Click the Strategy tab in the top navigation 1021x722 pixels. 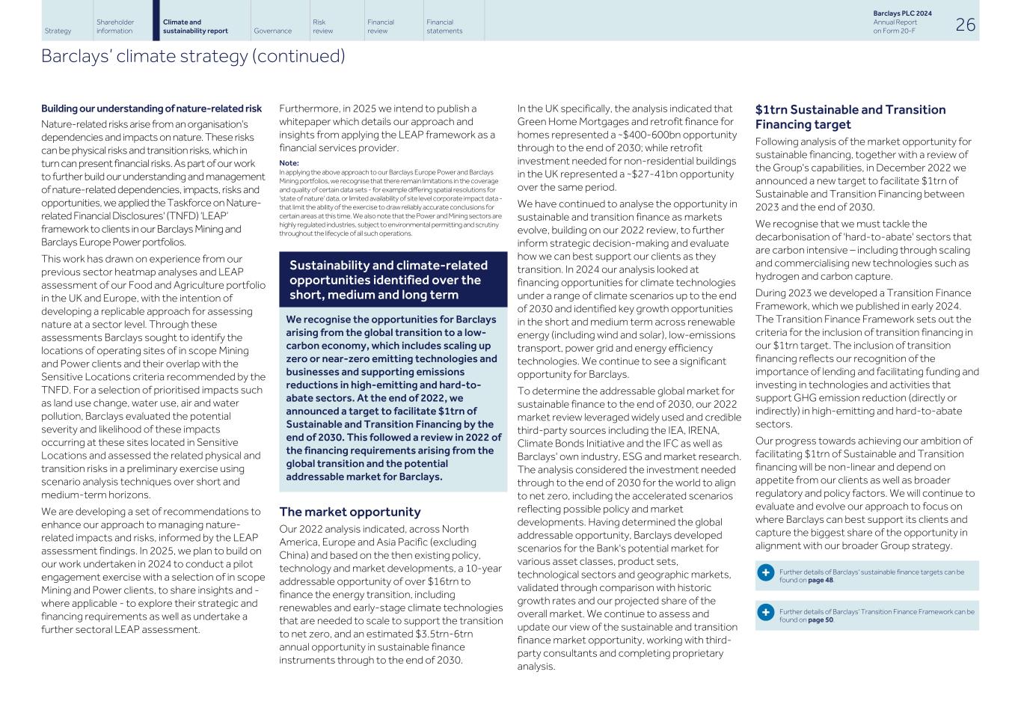[x=58, y=31]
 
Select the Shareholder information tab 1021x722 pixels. [x=114, y=26]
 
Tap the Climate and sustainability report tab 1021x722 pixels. [x=195, y=26]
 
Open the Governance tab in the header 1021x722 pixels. [x=272, y=31]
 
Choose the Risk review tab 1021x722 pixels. [x=322, y=26]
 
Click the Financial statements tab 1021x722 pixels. [x=444, y=26]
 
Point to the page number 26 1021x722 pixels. [x=965, y=25]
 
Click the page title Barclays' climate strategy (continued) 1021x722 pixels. [x=193, y=57]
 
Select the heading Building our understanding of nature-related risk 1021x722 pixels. [x=151, y=109]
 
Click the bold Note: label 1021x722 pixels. [x=289, y=163]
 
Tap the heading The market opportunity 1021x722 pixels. [x=349, y=513]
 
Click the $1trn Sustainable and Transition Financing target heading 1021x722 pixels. [x=850, y=117]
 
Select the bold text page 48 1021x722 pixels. [x=821, y=580]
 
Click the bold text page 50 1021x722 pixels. [x=821, y=619]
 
